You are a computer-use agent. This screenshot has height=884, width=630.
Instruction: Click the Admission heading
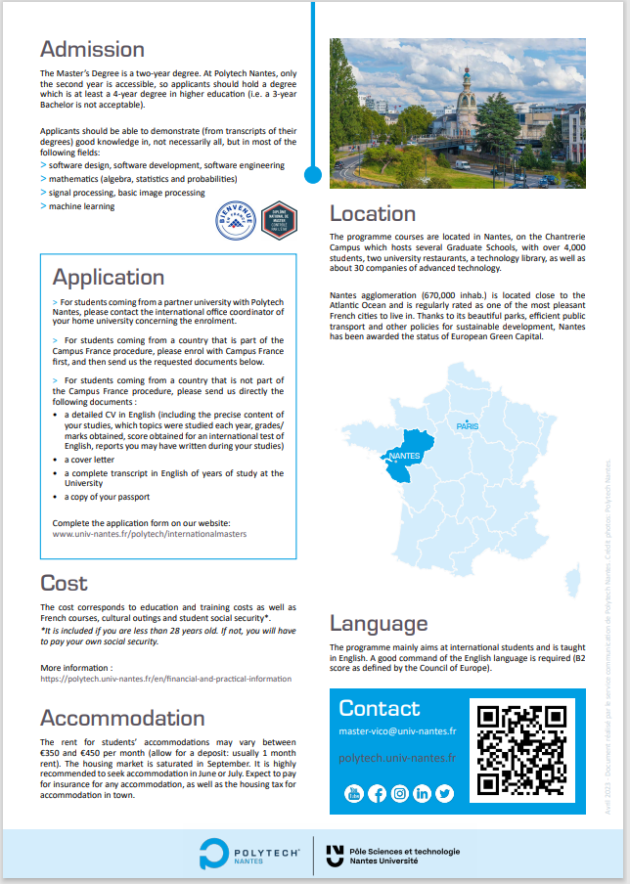[92, 49]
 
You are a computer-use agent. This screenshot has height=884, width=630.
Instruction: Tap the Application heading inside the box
[108, 277]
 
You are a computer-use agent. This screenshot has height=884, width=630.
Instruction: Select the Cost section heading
[64, 583]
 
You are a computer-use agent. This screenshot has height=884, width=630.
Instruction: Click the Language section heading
[379, 623]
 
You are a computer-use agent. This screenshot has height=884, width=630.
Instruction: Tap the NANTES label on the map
[404, 457]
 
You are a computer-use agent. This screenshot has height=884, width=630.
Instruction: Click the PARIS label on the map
[467, 426]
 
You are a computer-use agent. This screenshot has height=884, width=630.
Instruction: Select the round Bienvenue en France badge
[234, 222]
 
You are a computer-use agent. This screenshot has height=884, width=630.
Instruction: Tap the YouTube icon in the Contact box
[353, 793]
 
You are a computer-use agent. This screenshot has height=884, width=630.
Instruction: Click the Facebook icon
[377, 793]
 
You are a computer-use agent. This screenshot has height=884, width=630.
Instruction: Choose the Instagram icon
[399, 793]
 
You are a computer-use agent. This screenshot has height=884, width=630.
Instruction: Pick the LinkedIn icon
[422, 793]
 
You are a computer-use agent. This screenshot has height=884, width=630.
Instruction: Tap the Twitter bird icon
[445, 793]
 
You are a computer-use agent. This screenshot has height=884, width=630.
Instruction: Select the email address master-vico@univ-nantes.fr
[397, 730]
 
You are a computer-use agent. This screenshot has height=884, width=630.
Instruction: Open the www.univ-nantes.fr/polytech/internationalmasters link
[150, 535]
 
